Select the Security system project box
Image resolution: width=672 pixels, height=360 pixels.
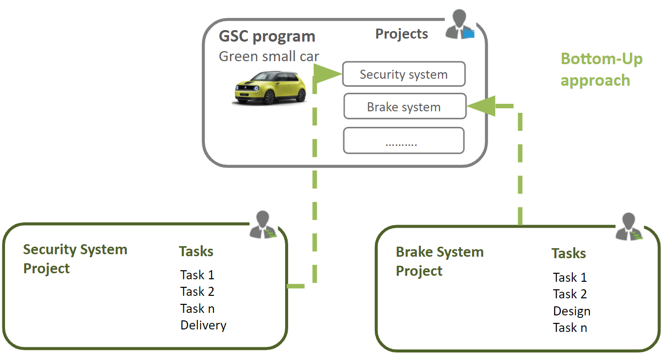403,75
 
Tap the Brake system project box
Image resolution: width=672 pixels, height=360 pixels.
404,107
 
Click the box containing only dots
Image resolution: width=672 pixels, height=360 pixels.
403,141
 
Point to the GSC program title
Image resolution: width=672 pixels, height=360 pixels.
267,37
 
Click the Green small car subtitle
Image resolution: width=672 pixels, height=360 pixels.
269,56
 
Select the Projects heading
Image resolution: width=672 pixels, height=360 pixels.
401,34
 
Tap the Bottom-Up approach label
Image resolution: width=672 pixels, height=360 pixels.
601,69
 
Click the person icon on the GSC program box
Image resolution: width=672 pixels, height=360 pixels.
459,25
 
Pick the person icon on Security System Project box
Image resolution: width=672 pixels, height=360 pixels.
262,225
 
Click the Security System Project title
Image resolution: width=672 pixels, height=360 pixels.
75,259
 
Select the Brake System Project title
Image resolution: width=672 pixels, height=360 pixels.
439,261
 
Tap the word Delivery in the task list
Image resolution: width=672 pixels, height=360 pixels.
203,325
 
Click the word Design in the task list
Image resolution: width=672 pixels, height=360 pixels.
572,311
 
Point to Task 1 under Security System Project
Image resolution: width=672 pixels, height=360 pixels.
197,275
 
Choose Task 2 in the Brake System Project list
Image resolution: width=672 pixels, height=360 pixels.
570,294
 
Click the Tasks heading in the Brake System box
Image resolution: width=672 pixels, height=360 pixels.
569,254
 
